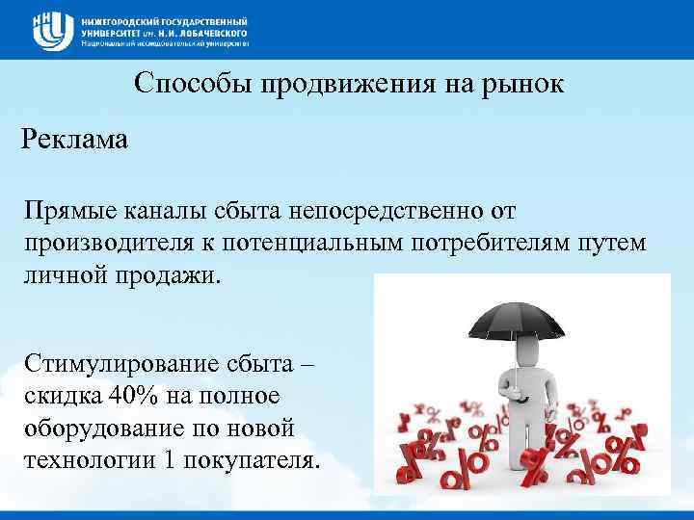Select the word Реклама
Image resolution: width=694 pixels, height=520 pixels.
point(74,141)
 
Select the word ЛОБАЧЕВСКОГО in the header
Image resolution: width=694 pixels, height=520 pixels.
point(198,31)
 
